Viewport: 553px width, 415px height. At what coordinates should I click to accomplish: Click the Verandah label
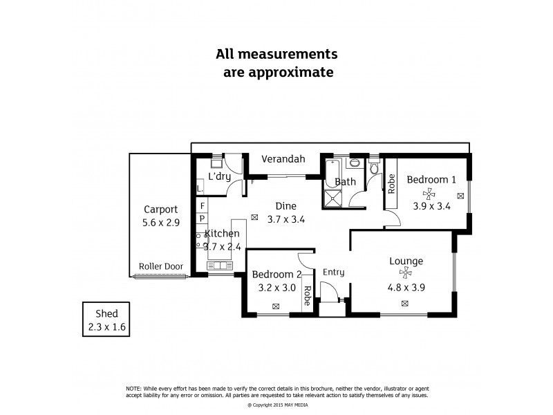click(283, 159)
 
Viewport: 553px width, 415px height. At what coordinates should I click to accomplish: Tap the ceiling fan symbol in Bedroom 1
click(430, 194)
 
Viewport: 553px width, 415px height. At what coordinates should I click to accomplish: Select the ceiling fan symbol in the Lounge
click(405, 273)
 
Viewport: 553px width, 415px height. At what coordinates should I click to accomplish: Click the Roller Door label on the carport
click(160, 266)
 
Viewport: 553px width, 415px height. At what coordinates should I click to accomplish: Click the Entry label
click(333, 273)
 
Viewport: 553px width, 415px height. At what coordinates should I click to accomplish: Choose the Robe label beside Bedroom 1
click(391, 183)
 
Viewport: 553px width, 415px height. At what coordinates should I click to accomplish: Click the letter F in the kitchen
click(202, 206)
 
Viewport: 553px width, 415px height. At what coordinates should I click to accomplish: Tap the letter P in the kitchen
click(202, 219)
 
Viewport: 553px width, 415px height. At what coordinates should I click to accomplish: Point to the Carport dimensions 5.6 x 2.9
click(160, 223)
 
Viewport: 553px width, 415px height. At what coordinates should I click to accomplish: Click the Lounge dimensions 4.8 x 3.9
click(406, 286)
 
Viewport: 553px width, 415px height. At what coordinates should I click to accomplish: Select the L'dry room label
click(220, 177)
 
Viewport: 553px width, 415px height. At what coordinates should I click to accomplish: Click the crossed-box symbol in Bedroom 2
click(276, 306)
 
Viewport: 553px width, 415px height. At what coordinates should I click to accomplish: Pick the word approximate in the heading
click(279, 71)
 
